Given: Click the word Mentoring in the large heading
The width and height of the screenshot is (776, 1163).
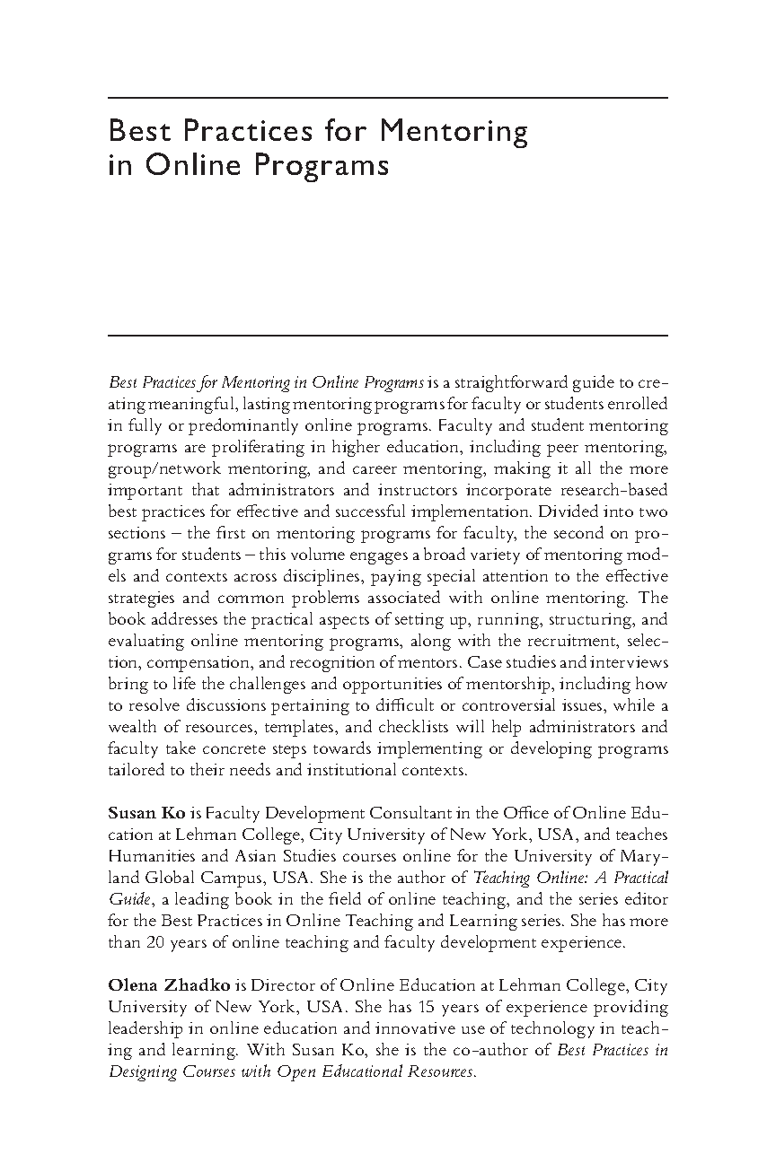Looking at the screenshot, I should (454, 132).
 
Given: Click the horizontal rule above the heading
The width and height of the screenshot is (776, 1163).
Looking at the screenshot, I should (388, 97).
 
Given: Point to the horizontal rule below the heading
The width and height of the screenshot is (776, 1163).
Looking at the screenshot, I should (388, 336).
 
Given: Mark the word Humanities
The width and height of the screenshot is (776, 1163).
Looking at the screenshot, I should (150, 856).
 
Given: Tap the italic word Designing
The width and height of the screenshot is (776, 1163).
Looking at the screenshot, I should (143, 1072).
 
